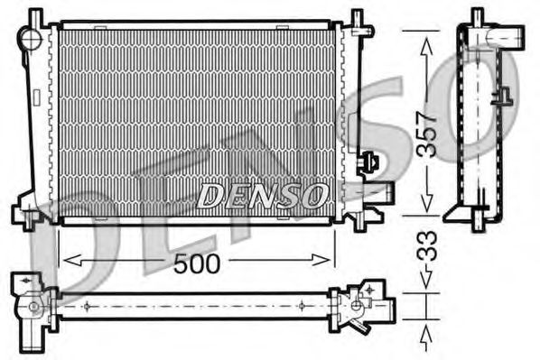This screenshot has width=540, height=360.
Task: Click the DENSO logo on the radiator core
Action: click(262, 194)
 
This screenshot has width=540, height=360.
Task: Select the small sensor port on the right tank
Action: click(369, 162)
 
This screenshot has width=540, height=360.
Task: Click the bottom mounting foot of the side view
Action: click(474, 217)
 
